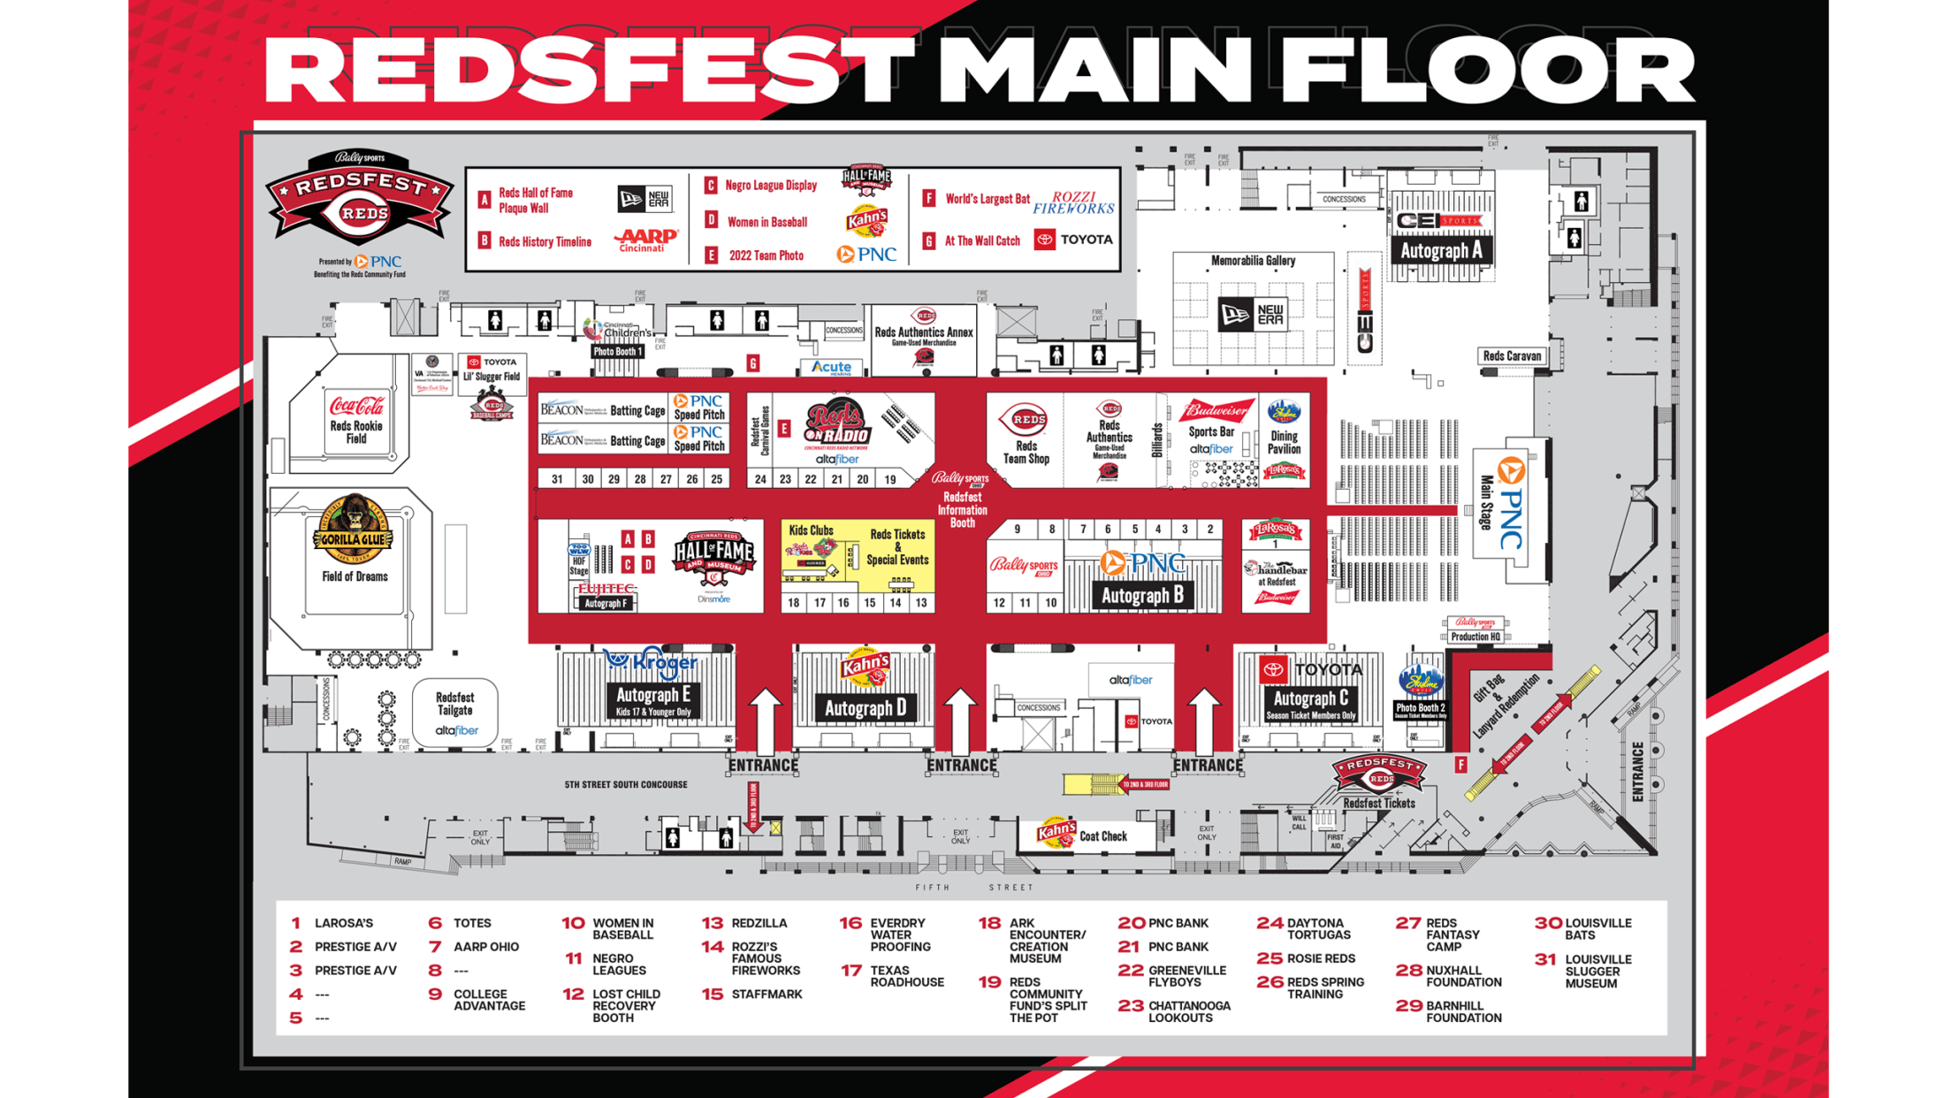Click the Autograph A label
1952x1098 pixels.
[1440, 251]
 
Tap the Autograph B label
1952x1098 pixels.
[1141, 596]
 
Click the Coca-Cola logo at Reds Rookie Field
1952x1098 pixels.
[356, 406]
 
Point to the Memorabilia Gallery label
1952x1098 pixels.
[1253, 261]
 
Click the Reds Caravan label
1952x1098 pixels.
[1512, 355]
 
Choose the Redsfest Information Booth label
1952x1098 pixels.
[962, 510]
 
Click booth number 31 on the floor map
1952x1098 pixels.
[557, 479]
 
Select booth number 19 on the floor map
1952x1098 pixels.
[890, 479]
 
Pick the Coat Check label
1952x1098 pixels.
[1102, 835]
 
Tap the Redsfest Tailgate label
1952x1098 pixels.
[454, 704]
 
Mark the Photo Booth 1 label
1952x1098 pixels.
[616, 351]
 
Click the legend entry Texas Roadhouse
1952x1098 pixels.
[906, 976]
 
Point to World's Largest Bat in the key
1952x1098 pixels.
[987, 199]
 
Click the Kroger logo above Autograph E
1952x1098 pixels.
[652, 662]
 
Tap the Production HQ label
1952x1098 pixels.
[1475, 637]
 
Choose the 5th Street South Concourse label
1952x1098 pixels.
[625, 784]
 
